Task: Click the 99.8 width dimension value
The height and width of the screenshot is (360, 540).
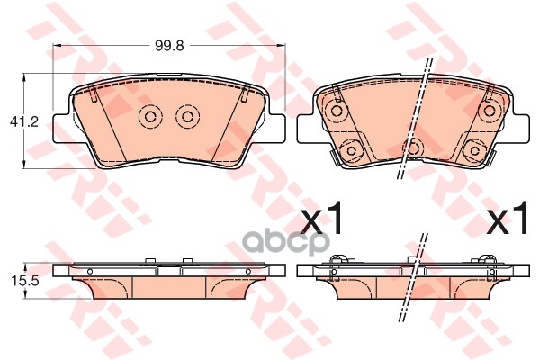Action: (169, 45)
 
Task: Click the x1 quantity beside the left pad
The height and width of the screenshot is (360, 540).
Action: (321, 218)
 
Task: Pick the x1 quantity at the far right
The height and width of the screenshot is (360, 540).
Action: (507, 218)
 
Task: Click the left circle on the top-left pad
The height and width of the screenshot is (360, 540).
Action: (150, 117)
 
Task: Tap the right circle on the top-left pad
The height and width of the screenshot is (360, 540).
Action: (187, 117)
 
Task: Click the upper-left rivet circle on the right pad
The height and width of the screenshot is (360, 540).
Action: (336, 111)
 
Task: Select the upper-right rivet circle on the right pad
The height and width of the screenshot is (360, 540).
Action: (490, 111)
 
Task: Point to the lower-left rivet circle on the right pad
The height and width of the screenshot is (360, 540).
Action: (352, 150)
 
